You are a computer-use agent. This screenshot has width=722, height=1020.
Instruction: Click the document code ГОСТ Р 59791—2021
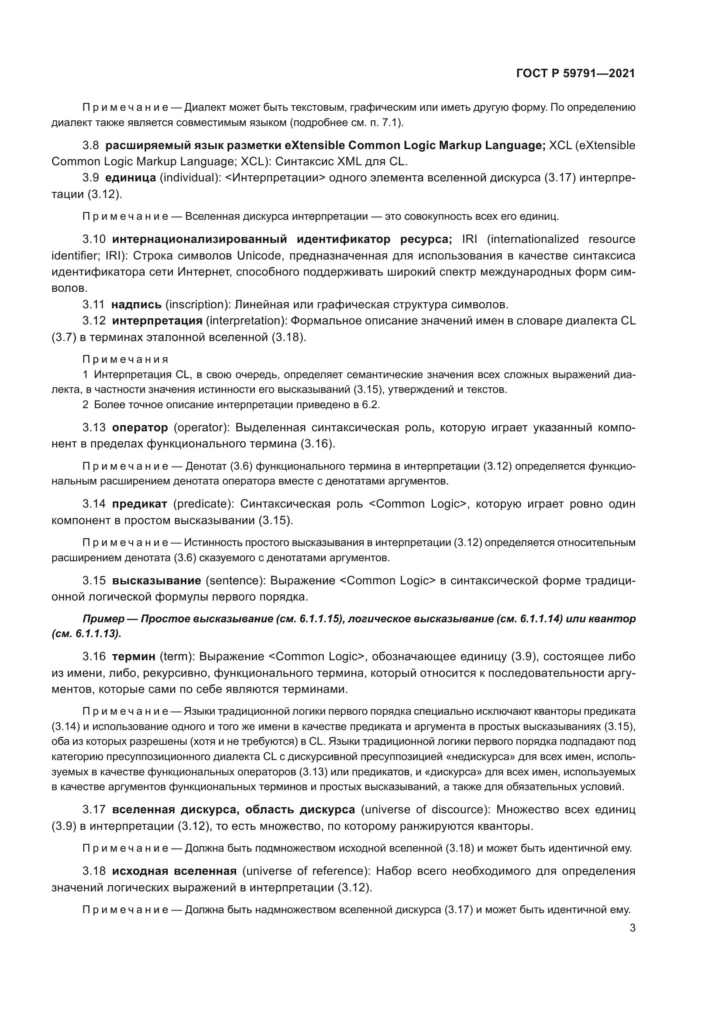(575, 73)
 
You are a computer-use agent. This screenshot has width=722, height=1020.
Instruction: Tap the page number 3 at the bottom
(632, 928)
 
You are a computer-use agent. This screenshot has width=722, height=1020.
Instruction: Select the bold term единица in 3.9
(130, 177)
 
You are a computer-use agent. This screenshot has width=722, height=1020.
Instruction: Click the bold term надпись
(136, 305)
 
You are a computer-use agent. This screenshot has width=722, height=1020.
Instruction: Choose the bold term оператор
(140, 428)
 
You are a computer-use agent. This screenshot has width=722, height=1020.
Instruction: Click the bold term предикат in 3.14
(140, 504)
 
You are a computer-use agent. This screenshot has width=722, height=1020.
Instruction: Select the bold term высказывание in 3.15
(157, 580)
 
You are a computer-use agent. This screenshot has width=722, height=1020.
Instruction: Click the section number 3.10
(94, 239)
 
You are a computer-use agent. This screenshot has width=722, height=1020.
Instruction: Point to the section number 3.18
(94, 871)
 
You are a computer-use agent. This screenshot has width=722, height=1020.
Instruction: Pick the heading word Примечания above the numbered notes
(125, 359)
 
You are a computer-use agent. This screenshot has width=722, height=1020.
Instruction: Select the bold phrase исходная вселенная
(174, 871)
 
